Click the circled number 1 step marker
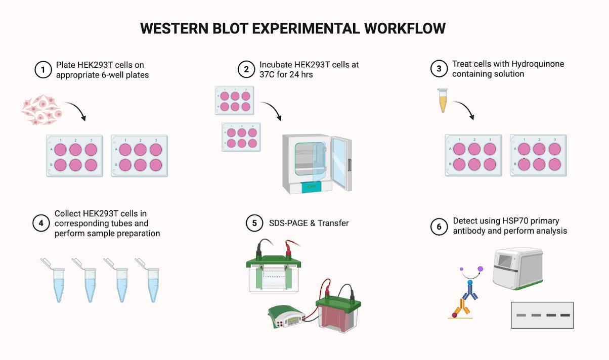(43, 70)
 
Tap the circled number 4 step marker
(41, 223)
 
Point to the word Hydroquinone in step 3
(538, 64)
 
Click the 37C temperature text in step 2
(268, 75)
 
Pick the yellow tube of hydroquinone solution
(443, 101)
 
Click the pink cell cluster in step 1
(42, 110)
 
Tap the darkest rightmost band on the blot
(565, 315)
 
